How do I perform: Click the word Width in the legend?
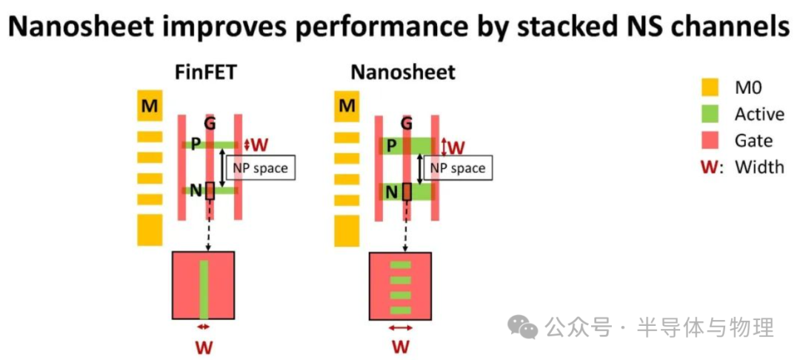click(759, 167)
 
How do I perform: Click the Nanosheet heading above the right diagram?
click(403, 72)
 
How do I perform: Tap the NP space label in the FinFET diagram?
click(260, 168)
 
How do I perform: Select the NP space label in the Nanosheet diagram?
click(458, 168)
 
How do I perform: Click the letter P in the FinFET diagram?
click(196, 144)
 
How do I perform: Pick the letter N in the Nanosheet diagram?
click(393, 192)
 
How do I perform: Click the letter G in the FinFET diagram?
click(210, 123)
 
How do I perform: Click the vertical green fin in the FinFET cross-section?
click(204, 290)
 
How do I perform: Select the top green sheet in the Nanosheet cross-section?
click(400, 265)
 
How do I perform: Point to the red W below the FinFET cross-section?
click(203, 347)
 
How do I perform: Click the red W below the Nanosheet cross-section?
click(401, 347)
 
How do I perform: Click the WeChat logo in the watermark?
click(527, 327)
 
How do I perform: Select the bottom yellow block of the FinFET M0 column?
click(150, 230)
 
